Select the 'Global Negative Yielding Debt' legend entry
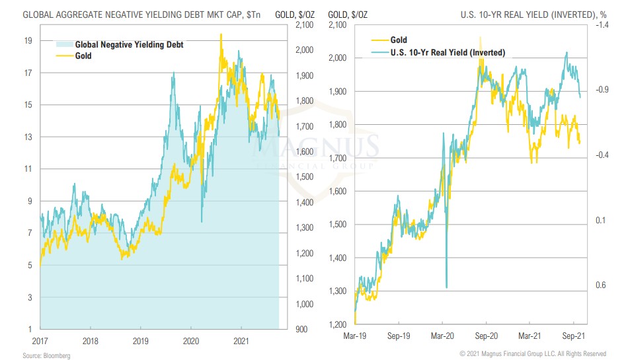[x=129, y=45]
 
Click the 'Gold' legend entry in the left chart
[x=83, y=56]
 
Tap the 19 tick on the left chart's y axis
[x=28, y=40]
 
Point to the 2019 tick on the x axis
[x=141, y=342]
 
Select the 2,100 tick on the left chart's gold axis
[x=301, y=25]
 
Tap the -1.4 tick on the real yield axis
[x=601, y=25]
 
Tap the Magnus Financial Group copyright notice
[x=533, y=354]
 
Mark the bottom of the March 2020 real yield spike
[x=447, y=287]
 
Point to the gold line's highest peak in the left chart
[x=221, y=34]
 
